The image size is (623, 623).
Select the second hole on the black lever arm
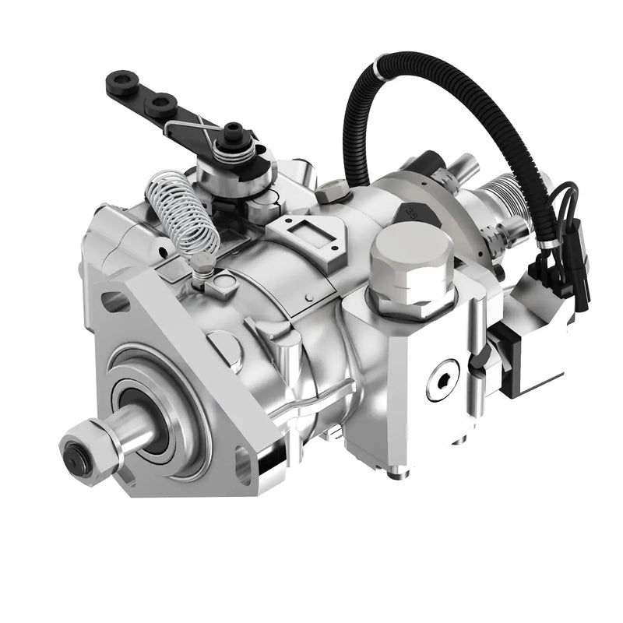click(163, 102)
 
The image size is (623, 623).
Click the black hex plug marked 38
click(418, 211)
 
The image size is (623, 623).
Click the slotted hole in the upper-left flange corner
click(114, 301)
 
